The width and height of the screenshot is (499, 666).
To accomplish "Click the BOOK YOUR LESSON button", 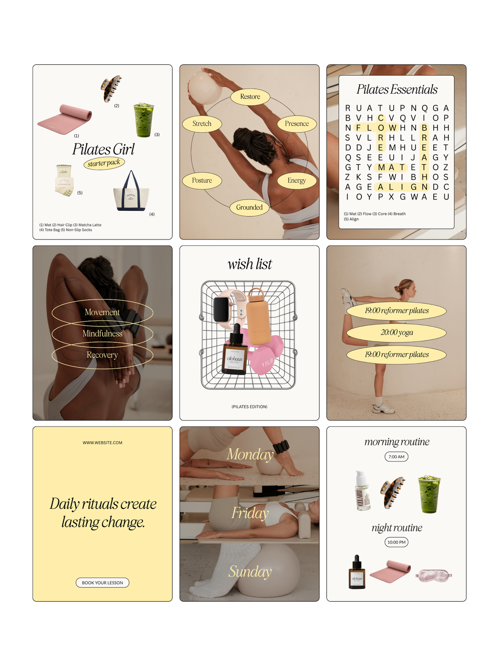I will tap(102, 583).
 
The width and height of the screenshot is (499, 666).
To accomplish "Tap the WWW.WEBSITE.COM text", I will tap(102, 443).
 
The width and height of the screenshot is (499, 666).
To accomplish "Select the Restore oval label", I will tap(250, 97).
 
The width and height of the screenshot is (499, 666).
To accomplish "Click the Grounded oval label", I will tap(249, 207).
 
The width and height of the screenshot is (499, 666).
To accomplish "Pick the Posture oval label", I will tap(202, 181).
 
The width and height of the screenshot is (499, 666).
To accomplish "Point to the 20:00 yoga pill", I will tap(397, 333).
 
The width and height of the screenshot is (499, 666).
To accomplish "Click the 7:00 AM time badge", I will tap(396, 457).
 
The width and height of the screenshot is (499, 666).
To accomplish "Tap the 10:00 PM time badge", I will tap(396, 542).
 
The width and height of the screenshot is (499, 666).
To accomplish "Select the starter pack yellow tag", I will tap(104, 163).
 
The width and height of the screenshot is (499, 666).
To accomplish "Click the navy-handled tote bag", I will tap(132, 193).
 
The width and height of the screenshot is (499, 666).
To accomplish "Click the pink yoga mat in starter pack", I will tap(65, 119).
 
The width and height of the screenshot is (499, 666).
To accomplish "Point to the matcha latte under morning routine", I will tap(429, 494).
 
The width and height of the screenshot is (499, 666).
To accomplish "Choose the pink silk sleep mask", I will tap(434, 575).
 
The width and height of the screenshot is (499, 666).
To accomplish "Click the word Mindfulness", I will tap(102, 334).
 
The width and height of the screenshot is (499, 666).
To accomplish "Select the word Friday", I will tap(250, 513).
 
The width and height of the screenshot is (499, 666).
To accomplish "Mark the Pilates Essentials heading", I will tap(397, 89).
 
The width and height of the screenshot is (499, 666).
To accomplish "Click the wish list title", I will tap(249, 264).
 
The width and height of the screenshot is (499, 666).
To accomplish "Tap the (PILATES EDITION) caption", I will tap(249, 406).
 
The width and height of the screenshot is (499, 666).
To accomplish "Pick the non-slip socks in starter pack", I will tap(64, 182).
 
